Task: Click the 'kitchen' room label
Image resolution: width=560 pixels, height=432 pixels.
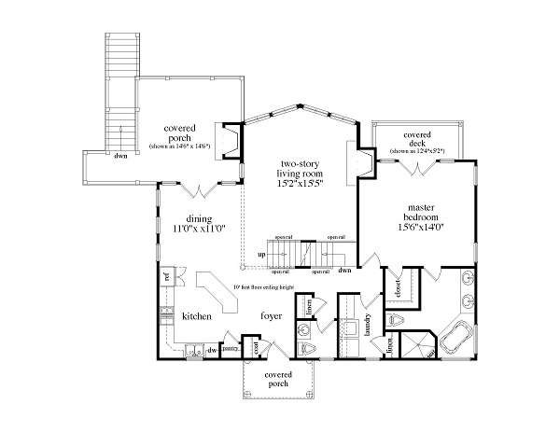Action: coord(196,316)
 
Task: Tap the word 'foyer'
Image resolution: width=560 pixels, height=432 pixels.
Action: coord(272,315)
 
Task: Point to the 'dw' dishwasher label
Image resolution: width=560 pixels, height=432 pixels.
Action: coord(212,350)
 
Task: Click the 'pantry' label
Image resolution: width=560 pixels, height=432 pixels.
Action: coord(229,349)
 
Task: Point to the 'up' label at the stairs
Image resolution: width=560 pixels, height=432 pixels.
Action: coord(261,254)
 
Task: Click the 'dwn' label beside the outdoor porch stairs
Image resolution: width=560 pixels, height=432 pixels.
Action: coord(120,156)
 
